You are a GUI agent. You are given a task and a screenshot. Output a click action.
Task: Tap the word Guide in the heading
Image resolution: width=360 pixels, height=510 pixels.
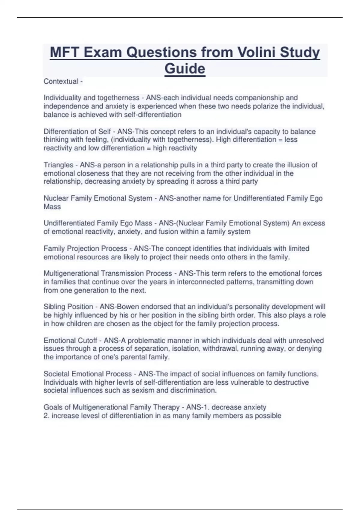click(x=185, y=68)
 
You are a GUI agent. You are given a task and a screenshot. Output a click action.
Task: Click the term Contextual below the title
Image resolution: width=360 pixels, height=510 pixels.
click(x=61, y=81)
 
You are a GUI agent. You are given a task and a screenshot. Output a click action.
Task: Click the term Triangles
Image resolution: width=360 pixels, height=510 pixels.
click(x=58, y=165)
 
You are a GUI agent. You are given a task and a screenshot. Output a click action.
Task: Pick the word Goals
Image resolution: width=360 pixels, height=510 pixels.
click(x=53, y=407)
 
